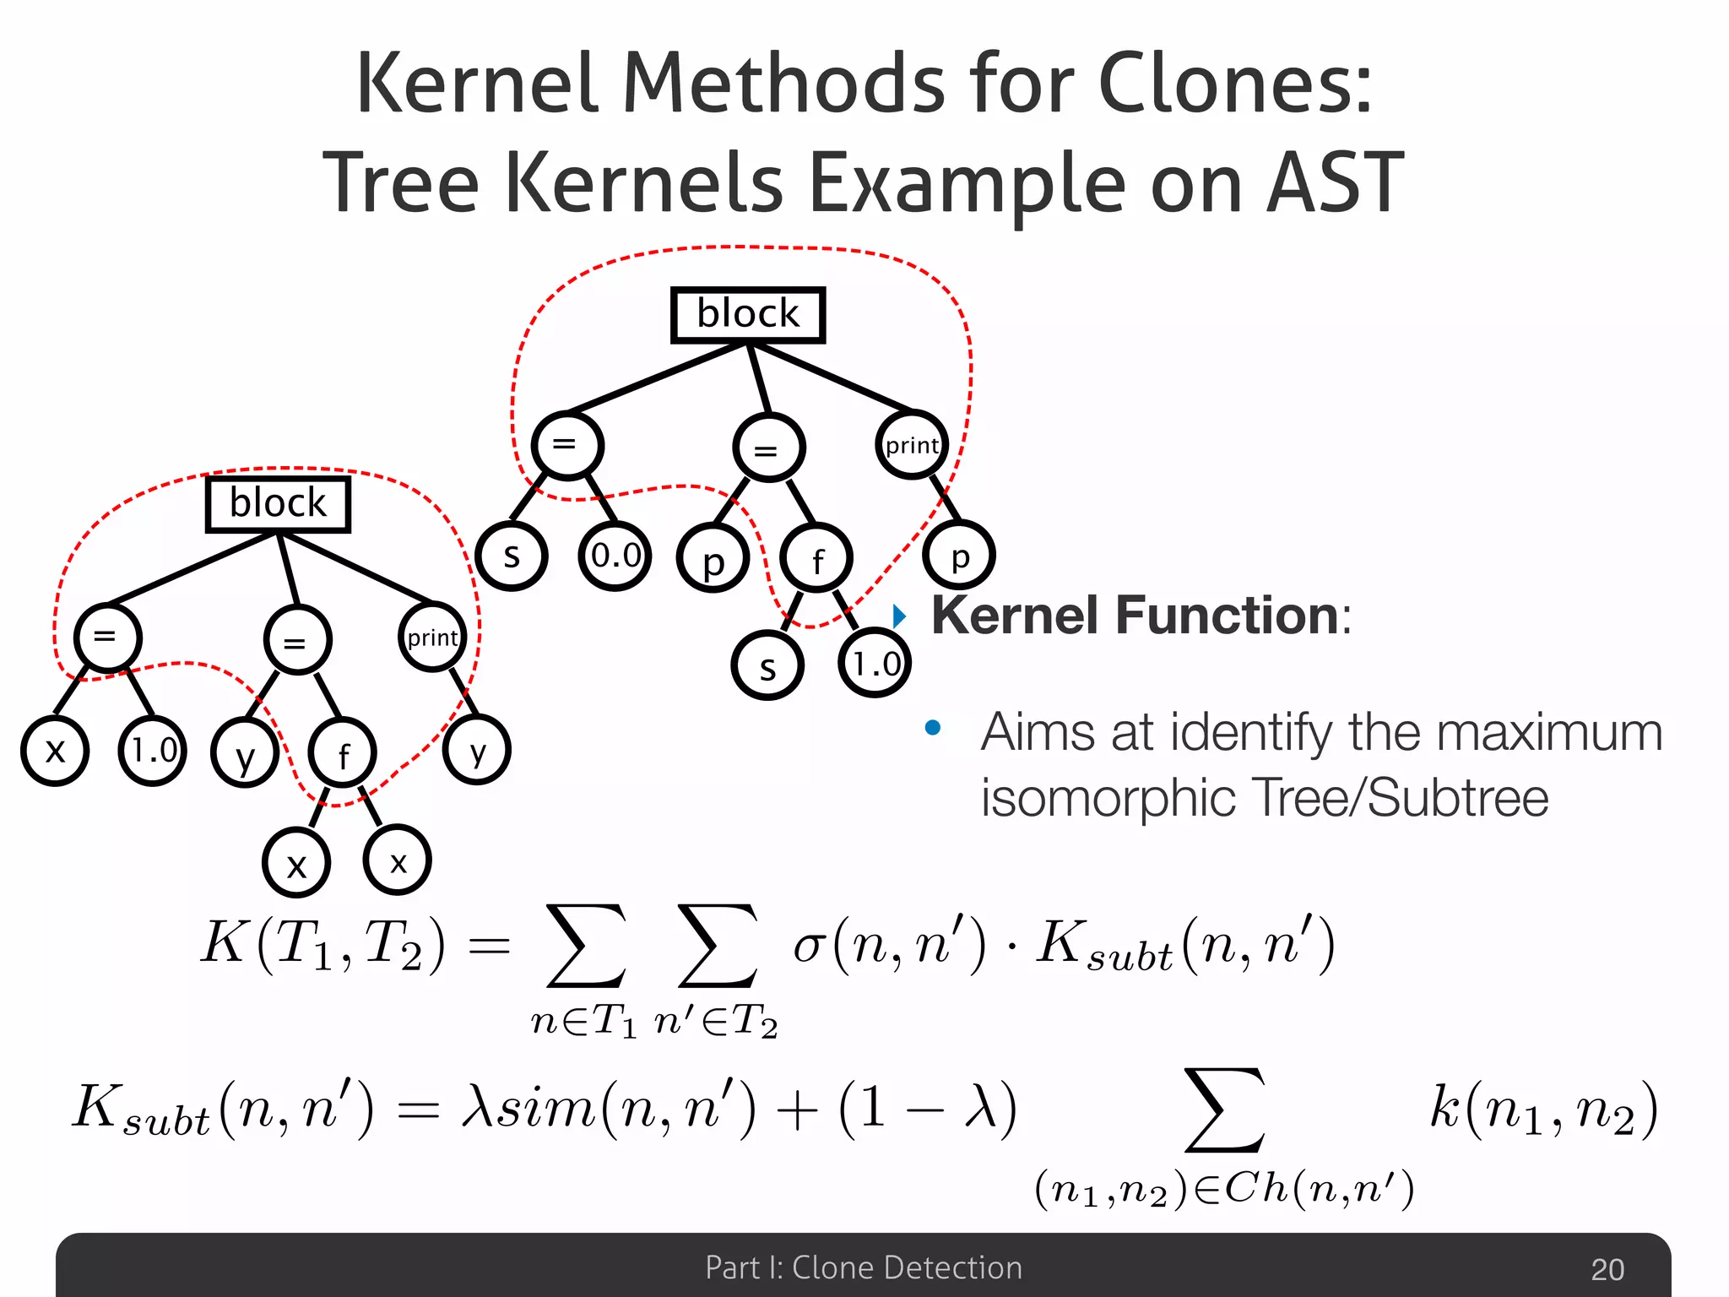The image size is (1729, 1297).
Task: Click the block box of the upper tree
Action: coord(747,315)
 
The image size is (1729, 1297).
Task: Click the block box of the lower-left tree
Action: coord(278,504)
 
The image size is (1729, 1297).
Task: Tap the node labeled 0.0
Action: coord(615,556)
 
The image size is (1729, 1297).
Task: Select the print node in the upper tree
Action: coord(912,445)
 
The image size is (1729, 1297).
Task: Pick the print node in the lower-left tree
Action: coord(432,638)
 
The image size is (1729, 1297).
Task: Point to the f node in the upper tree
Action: coord(816,559)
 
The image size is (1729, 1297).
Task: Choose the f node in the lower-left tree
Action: coord(343,754)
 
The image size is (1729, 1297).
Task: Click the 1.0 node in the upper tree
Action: coord(875,664)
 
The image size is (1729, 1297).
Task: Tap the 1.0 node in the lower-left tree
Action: coord(153,750)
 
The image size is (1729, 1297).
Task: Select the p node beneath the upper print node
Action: coord(959,556)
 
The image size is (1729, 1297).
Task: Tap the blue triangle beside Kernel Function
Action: coord(900,616)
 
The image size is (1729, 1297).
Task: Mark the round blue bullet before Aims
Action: coord(933,728)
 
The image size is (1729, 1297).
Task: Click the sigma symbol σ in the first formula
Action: coord(808,946)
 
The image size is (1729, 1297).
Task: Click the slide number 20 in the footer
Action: coord(1607,1269)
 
